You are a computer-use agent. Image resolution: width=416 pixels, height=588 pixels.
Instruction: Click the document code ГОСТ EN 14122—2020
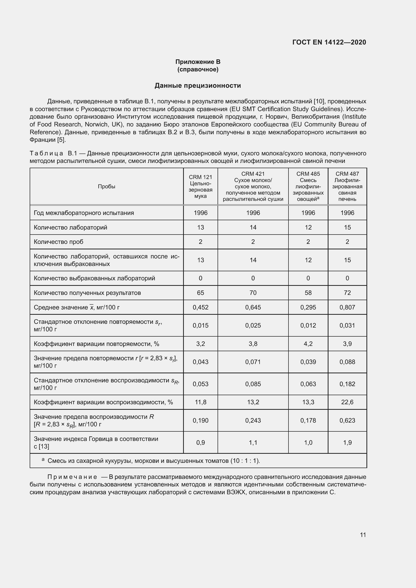point(329,42)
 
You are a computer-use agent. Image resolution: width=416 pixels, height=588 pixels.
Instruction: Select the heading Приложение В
point(198,62)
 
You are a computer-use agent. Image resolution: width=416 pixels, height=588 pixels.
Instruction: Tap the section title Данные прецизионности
point(198,85)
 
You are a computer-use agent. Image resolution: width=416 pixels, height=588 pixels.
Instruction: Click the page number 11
point(363,535)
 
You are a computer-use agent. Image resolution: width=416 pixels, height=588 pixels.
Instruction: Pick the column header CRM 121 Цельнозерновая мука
point(200,187)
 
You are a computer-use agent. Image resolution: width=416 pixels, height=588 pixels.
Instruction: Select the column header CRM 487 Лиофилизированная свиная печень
point(347,187)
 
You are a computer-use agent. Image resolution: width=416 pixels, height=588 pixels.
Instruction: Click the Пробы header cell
point(107,187)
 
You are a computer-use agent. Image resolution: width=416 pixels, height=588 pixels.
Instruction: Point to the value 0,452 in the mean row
point(200,307)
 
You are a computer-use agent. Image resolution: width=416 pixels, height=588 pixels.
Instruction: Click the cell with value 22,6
point(347,402)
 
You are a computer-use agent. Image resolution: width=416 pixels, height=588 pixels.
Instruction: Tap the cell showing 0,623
point(347,421)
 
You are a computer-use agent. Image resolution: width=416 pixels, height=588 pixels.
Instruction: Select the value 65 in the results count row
point(200,293)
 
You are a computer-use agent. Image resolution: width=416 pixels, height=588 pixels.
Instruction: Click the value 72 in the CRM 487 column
point(347,293)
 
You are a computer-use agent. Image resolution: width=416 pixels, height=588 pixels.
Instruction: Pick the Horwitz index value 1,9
point(347,442)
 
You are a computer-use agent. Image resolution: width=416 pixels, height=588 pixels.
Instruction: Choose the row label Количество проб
point(58,242)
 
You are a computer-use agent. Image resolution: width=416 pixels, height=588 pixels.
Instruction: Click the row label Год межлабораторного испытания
point(84,213)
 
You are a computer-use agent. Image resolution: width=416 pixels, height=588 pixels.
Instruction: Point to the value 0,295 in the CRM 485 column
point(308,307)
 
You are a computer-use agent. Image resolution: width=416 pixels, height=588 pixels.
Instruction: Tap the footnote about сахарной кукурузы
point(154,461)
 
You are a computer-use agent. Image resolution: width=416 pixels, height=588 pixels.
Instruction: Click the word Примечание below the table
point(72,477)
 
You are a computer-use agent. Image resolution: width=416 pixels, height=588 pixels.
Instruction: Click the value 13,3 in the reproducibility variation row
point(308,402)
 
